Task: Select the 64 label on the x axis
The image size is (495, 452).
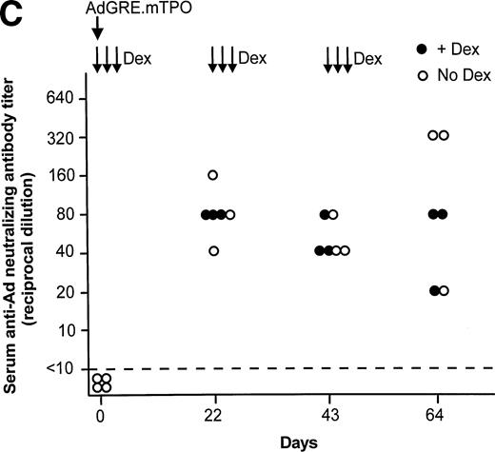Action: pos(438,417)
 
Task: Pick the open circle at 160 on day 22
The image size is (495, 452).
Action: pos(213,175)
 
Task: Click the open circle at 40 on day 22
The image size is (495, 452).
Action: pos(213,251)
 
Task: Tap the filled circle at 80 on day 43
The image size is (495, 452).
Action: pos(325,214)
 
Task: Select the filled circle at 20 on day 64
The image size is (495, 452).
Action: pos(433,291)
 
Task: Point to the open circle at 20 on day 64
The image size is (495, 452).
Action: pos(444,291)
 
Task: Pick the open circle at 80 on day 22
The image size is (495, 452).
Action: pos(229,214)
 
